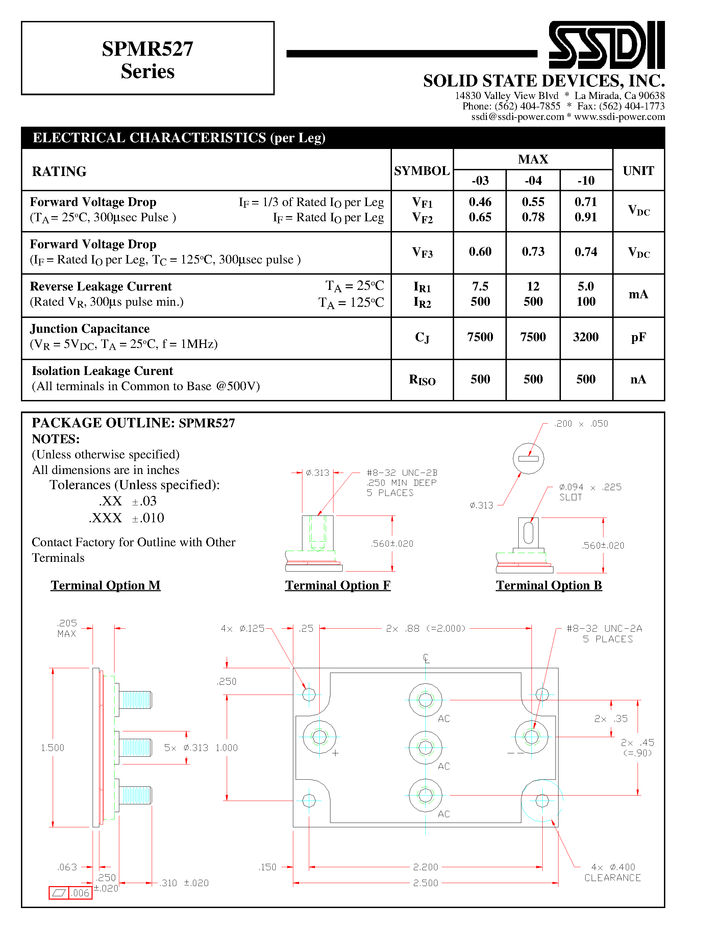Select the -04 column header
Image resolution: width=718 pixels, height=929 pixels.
533,180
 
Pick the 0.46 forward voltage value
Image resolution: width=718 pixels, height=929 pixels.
480,202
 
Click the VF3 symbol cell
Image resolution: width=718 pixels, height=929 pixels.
422,253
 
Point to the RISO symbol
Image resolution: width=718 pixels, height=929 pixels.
422,379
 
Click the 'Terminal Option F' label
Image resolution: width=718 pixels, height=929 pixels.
338,585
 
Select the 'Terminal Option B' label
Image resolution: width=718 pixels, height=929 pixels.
549,585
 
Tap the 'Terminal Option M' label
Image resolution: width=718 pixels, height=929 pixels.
105,585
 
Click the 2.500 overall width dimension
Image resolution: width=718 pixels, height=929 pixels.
425,883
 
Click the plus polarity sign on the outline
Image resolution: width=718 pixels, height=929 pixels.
335,753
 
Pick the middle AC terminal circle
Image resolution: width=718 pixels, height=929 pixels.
425,747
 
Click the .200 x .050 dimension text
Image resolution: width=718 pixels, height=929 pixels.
581,424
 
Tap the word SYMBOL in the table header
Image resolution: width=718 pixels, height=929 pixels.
422,171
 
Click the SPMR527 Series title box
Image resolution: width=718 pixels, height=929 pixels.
148,58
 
